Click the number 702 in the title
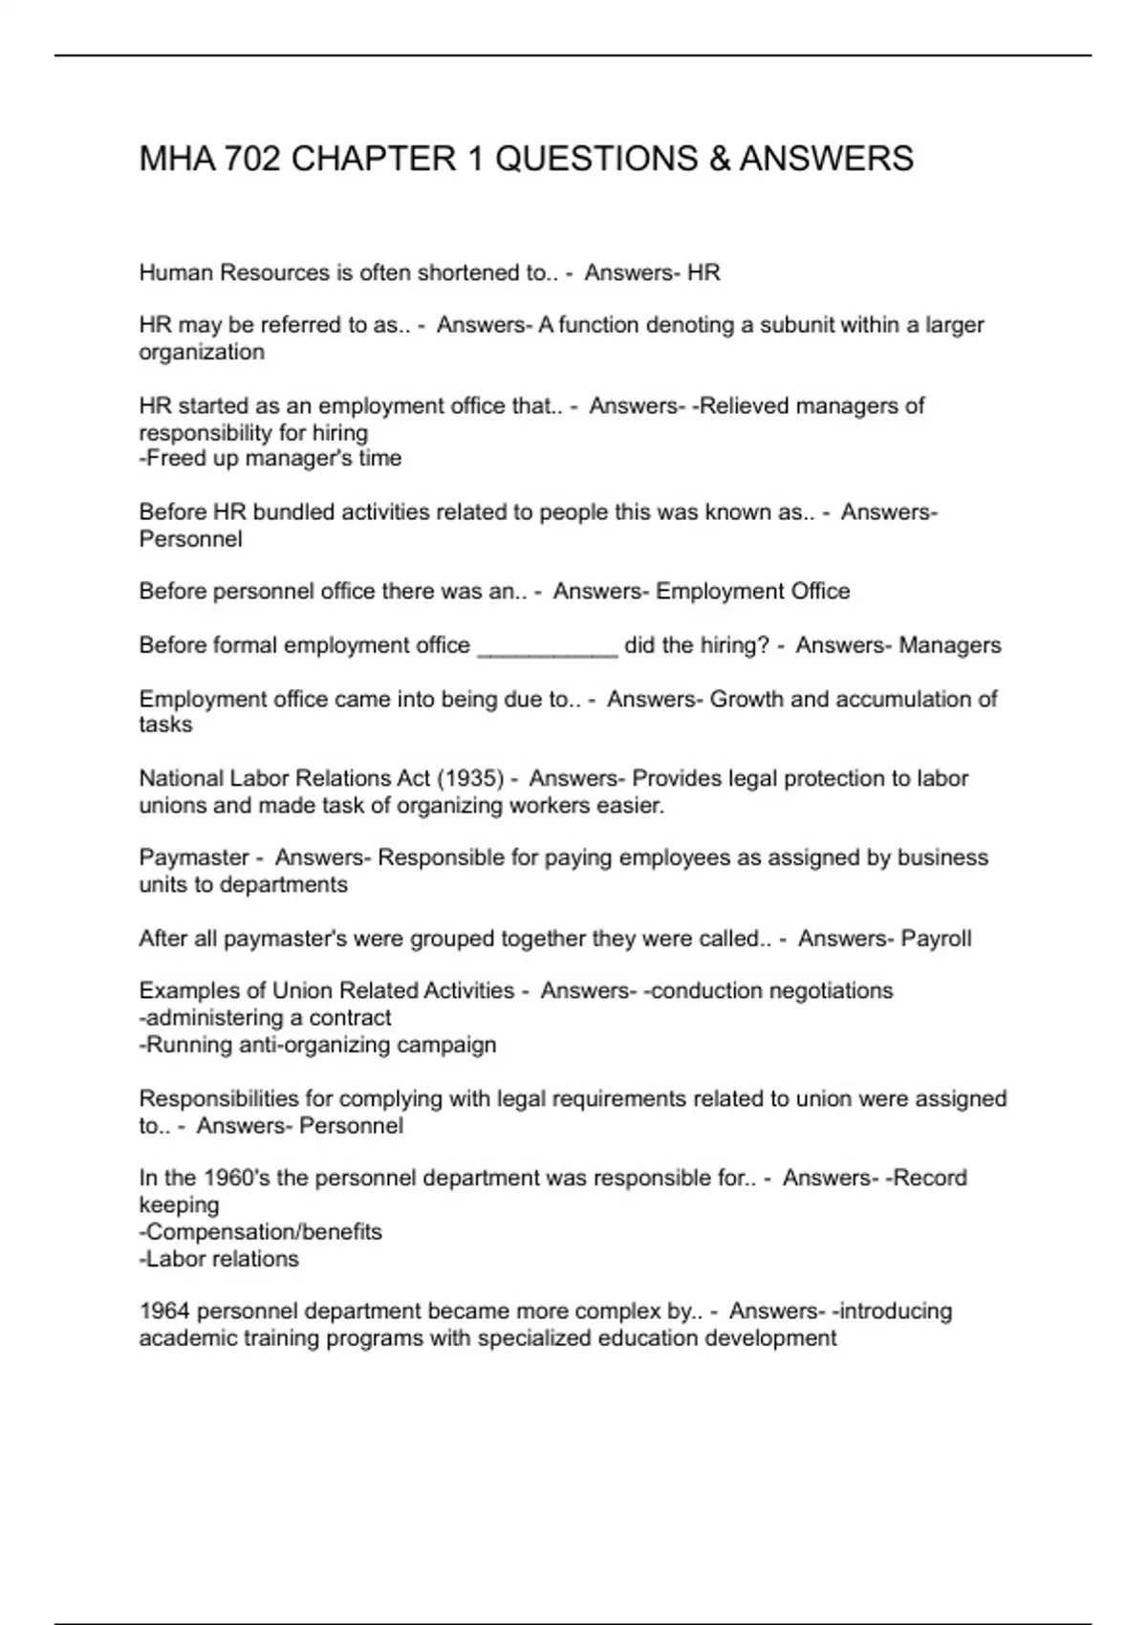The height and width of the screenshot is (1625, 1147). coord(252,159)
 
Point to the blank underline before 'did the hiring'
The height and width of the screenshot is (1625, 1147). coord(547,647)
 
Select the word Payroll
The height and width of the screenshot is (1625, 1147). coord(936,939)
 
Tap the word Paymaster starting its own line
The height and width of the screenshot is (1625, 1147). coord(194,858)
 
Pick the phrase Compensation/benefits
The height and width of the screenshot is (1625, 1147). coord(263,1232)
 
